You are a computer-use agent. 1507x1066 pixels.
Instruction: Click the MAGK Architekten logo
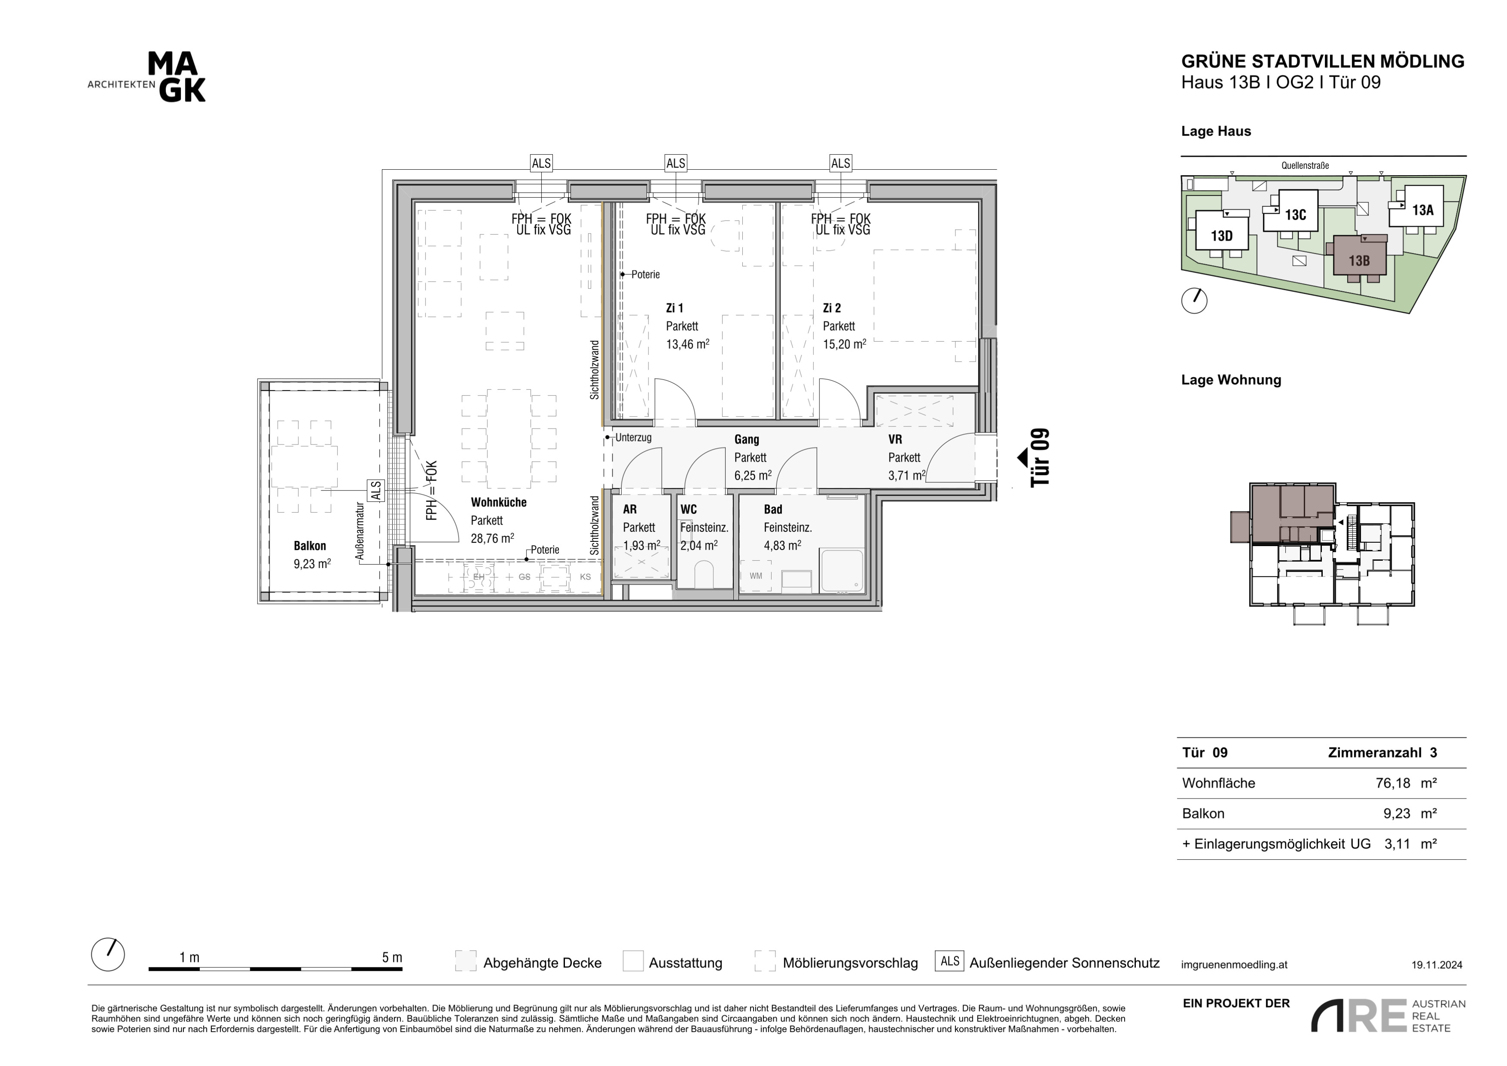(147, 78)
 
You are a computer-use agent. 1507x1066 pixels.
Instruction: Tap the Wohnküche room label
(498, 502)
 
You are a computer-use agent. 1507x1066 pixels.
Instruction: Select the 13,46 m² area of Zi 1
(687, 344)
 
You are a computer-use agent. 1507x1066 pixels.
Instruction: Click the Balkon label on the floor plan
(310, 545)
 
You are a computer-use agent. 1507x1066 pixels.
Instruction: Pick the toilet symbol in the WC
(703, 575)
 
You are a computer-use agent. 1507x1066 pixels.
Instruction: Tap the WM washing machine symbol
(756, 576)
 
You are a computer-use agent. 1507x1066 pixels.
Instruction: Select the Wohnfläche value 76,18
(1393, 783)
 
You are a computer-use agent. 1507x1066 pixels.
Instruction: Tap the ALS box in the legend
(950, 961)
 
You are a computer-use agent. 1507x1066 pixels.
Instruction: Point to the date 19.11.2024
(1437, 965)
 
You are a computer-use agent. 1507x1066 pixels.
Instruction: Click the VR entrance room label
(895, 439)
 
